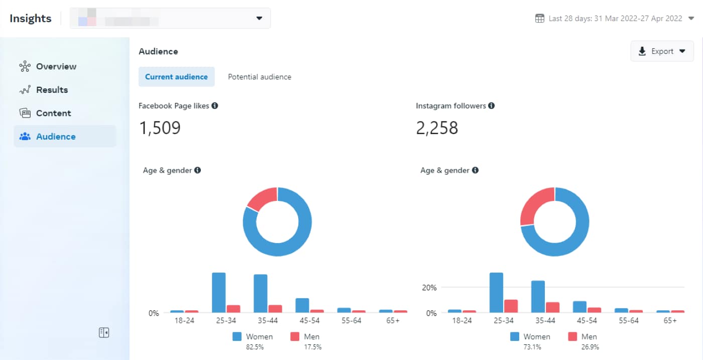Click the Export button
(662, 51)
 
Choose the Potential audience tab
(259, 77)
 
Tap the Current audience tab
(176, 77)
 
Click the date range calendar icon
(540, 19)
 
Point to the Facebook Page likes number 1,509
(160, 128)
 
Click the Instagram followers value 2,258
(437, 128)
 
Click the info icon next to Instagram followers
(491, 106)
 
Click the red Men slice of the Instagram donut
(535, 205)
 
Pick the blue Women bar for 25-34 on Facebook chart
(218, 293)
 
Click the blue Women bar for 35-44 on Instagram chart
(538, 296)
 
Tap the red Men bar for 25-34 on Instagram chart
(511, 306)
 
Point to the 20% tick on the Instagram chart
(429, 288)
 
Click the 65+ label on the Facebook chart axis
(393, 320)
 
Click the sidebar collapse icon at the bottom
(104, 332)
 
